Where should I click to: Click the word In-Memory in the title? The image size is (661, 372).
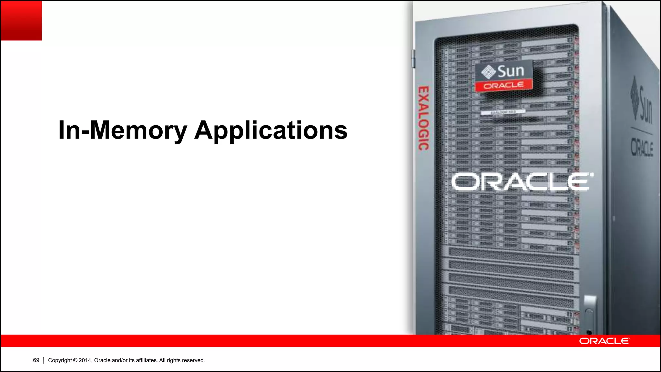pos(123,130)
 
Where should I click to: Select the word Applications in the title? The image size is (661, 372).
pos(271,130)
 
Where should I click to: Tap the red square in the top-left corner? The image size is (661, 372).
pos(21,20)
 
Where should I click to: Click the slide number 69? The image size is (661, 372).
pos(36,360)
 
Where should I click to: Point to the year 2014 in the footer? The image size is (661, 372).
pos(85,360)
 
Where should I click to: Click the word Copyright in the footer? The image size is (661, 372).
pos(60,360)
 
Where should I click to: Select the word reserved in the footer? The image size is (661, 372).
pos(193,360)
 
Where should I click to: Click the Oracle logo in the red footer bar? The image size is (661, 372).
pos(604,341)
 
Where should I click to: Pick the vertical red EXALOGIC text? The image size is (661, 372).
pos(424,118)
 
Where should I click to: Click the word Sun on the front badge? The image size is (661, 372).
pos(511,71)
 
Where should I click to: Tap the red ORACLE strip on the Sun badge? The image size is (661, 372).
pos(503,86)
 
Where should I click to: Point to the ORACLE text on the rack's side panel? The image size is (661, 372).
pos(642,149)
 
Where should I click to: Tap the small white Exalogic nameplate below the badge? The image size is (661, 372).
pos(503,112)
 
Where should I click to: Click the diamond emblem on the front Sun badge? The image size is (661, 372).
pos(488,72)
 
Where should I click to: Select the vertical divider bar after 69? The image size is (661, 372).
pos(43,360)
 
